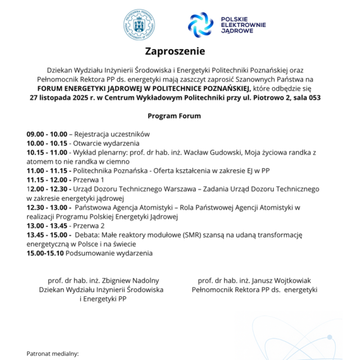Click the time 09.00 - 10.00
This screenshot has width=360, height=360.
coord(47,134)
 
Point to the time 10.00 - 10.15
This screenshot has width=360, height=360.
coord(47,143)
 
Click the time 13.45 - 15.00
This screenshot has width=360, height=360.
coord(47,234)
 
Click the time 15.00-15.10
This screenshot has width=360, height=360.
coord(45,253)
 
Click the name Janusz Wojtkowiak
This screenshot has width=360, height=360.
coord(278,280)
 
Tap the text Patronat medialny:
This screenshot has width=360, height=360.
coord(53,354)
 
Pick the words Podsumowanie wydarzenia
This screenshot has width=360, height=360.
coord(109,253)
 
